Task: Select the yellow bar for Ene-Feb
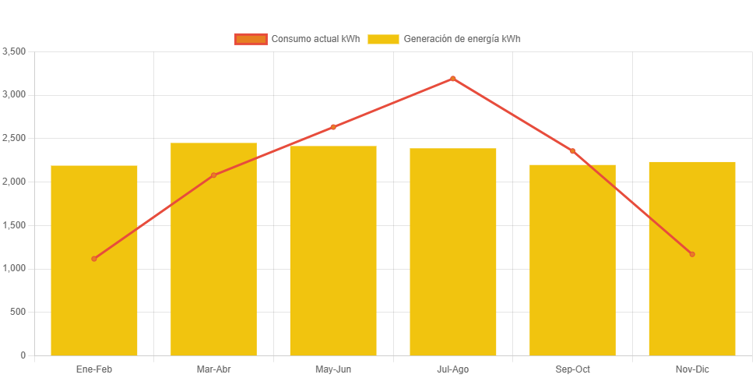94,260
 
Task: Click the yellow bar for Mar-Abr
213,249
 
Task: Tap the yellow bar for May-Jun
333,251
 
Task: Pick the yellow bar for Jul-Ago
453,252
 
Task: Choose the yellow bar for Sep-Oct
572,260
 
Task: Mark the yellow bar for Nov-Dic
692,258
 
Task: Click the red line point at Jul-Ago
453,79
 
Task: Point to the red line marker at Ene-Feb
94,259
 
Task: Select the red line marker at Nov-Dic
692,254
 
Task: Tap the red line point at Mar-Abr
213,175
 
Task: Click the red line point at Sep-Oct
572,151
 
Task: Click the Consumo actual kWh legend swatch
251,39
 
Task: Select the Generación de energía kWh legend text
462,39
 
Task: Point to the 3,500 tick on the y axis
15,51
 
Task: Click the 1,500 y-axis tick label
15,225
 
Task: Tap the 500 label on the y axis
18,312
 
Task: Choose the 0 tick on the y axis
23,355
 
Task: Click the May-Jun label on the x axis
333,369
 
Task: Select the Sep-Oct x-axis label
572,369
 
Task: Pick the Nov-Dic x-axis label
692,369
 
